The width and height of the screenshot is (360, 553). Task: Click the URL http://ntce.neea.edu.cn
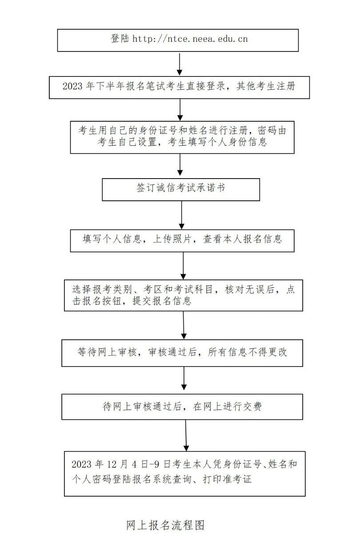(190, 39)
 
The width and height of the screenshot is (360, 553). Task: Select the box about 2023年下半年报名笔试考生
(179, 87)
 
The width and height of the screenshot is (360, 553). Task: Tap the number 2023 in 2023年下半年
(72, 87)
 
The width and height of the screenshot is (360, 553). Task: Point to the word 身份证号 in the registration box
(147, 130)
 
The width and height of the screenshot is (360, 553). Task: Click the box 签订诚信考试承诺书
(181, 188)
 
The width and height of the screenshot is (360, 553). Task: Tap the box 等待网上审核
(182, 353)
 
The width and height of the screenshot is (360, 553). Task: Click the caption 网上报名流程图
(165, 526)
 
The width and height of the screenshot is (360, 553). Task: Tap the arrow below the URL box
(179, 64)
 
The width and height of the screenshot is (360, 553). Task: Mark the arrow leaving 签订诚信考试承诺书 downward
(182, 215)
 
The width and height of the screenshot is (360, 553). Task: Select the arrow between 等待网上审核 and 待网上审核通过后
(184, 379)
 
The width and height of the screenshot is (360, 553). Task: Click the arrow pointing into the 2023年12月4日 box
(186, 436)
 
